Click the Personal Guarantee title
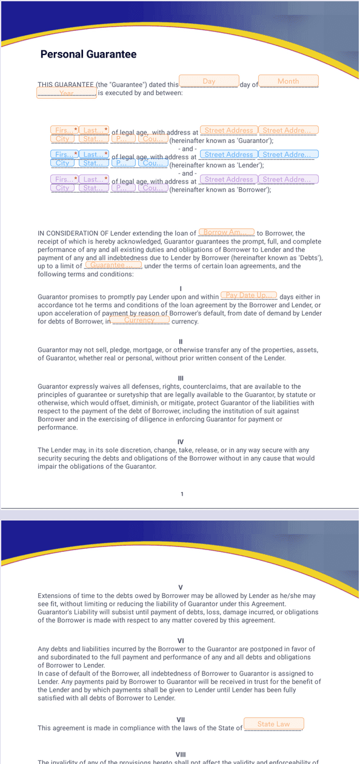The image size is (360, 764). pos(88,55)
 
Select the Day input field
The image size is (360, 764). pos(209,81)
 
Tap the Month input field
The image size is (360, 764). pos(288,81)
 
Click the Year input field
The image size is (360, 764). pos(67,93)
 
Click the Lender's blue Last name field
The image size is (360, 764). pos(94,154)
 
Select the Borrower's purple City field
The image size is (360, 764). pos(62,188)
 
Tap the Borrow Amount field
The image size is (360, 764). pos(227,233)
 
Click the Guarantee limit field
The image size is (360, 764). pos(113,265)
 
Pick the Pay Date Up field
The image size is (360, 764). pos(248,295)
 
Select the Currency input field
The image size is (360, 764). pos(140,320)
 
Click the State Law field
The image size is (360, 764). pos(273,724)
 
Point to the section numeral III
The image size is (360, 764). pos(181,379)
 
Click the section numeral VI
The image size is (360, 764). pos(181,640)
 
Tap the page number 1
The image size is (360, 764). pos(182,494)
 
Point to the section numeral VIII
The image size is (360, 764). pos(181,754)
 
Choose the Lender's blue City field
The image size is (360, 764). pos(62,163)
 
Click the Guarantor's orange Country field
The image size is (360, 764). pos(153,139)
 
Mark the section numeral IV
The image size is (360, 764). pos(181,442)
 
